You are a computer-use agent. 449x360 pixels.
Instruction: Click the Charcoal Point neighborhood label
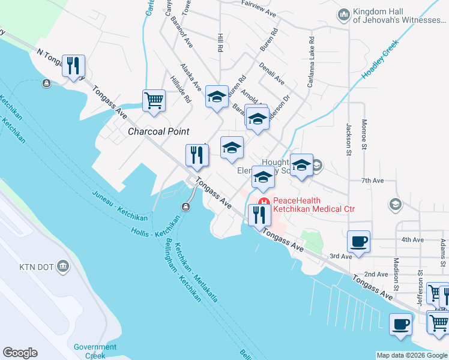point(158,131)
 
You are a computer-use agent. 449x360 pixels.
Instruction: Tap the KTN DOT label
point(36,266)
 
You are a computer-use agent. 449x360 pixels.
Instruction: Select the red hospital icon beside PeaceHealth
point(264,201)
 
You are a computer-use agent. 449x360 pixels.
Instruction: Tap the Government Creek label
point(95,351)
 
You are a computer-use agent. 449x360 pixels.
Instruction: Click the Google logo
point(20,353)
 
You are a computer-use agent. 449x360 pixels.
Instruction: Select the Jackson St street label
point(348,139)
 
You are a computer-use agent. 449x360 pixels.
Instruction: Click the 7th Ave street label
point(372,180)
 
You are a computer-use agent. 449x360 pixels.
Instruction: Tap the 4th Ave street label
point(412,239)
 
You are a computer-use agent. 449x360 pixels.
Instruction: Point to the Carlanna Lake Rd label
point(311,62)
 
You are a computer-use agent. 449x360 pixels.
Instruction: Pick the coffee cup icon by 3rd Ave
point(359,242)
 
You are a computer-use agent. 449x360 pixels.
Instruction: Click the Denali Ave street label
point(272,72)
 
